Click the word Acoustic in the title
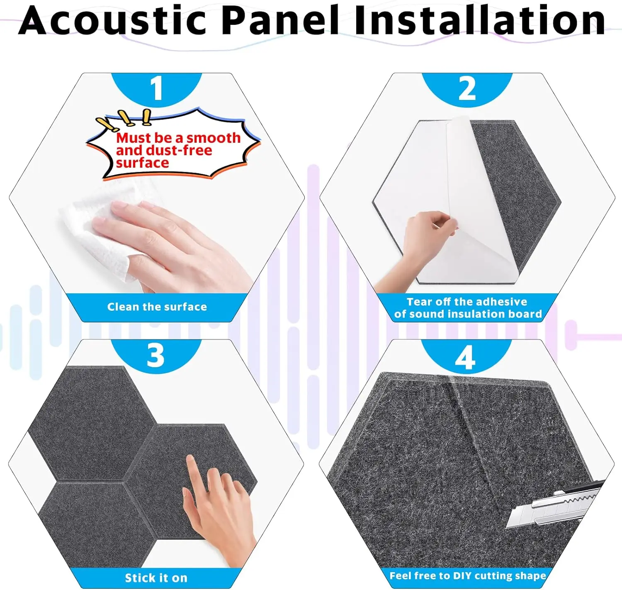[x=112, y=20]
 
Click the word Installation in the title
[x=480, y=20]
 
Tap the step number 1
[x=156, y=88]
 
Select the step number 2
[x=467, y=88]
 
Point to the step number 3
[x=155, y=356]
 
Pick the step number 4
[x=465, y=358]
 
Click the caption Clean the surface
[x=157, y=307]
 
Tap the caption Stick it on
[x=156, y=578]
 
